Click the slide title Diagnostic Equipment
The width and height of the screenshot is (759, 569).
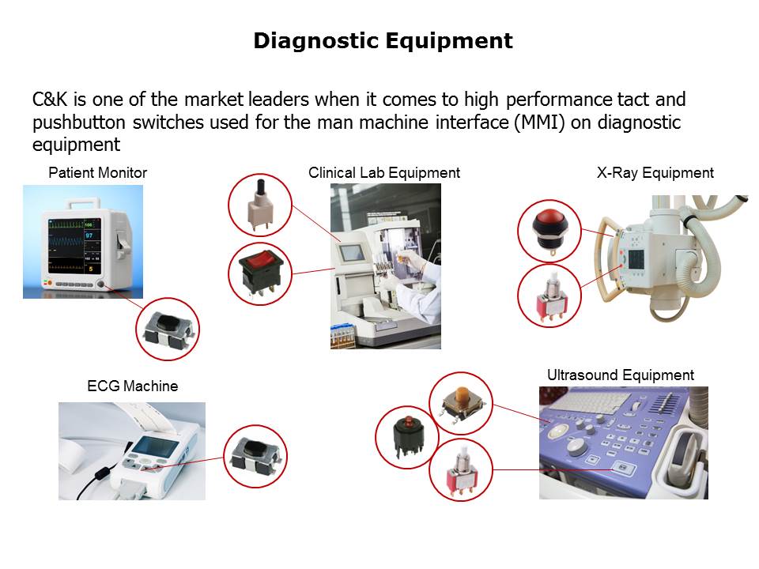coord(383,40)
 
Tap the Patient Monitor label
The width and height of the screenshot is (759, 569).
coord(97,173)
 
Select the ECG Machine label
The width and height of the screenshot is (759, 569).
coord(133,386)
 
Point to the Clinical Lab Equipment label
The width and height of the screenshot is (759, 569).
coord(384,173)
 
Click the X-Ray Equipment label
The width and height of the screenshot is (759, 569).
coord(655,173)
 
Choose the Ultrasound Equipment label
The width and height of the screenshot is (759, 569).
coord(621,375)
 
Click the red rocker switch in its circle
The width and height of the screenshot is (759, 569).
coord(260,273)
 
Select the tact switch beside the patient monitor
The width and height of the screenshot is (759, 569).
coord(168,330)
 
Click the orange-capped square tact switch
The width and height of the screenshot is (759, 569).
coord(460,402)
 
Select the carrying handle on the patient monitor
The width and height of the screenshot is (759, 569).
coord(85,202)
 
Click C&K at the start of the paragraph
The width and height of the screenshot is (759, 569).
coord(50,100)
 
